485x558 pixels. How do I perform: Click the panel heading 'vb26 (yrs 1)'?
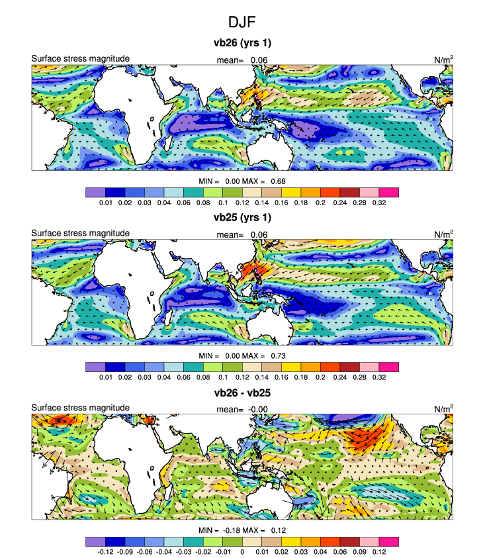(242, 44)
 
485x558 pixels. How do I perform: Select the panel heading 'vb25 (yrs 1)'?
(242, 216)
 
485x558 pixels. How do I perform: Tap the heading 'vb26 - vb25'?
(242, 393)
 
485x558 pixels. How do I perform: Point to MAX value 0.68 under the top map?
(277, 181)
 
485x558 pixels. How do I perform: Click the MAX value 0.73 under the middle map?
(277, 355)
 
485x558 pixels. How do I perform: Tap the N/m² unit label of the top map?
(443, 60)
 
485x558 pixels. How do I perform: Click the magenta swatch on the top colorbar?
(389, 192)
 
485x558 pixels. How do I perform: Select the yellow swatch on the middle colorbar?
(291, 366)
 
